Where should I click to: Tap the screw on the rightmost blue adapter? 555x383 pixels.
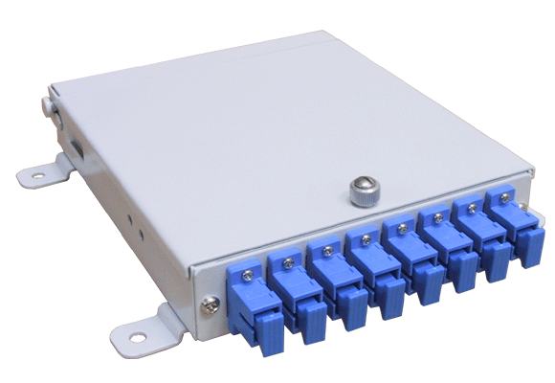500,198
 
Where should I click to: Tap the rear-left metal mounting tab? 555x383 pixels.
44,175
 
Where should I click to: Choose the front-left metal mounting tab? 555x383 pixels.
139,327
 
